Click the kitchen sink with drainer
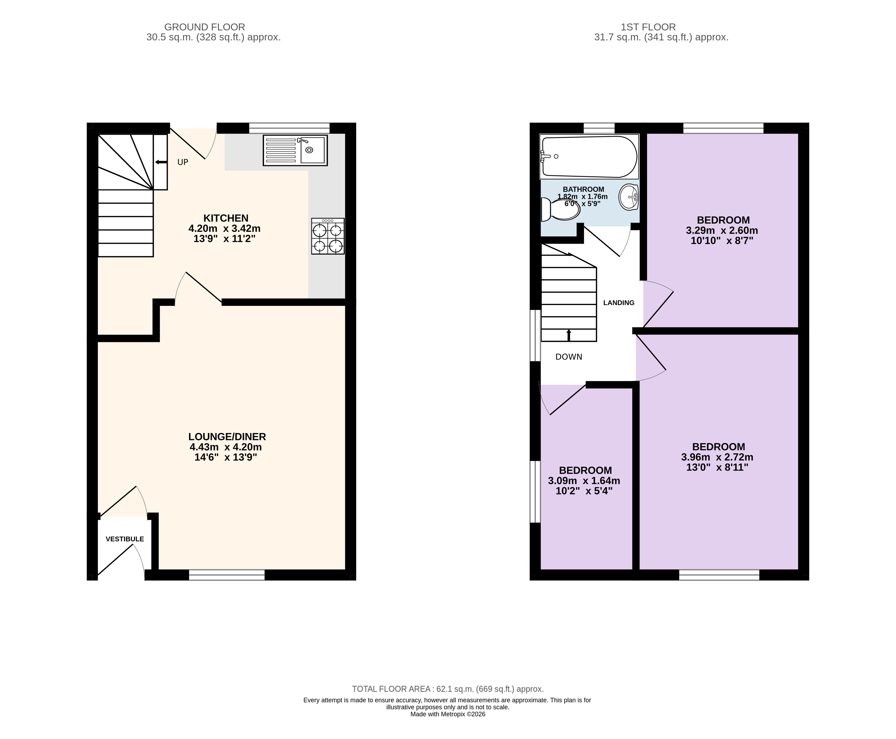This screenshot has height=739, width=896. point(295,150)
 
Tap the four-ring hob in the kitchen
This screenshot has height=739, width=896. point(328,236)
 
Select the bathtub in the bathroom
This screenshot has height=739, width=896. point(589,156)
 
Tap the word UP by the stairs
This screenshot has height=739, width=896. point(183,162)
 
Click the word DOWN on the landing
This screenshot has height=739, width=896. point(569,357)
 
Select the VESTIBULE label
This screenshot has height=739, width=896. point(125,539)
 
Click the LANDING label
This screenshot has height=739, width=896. point(619,303)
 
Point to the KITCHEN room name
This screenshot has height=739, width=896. point(226,218)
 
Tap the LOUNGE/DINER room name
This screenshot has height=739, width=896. point(227,436)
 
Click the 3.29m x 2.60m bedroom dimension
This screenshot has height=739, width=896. point(722,230)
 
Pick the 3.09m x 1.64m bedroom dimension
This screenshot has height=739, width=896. point(584,481)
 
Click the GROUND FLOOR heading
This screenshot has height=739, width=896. point(205,27)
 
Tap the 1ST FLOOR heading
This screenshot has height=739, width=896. point(648,27)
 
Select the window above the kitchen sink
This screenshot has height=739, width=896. point(289,128)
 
